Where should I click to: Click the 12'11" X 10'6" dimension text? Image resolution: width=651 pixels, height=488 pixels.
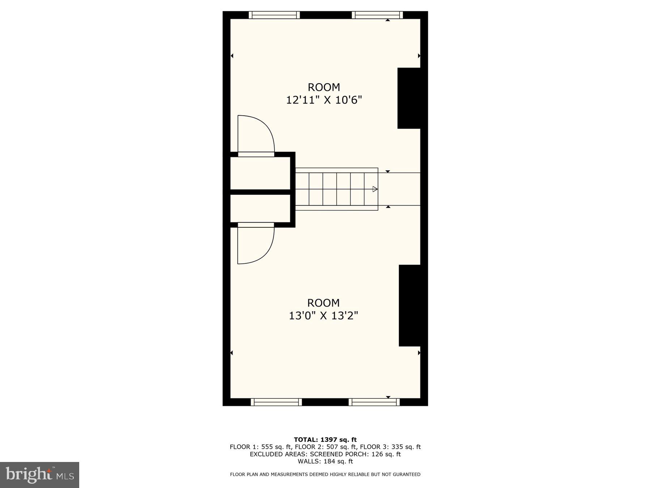pos(324,100)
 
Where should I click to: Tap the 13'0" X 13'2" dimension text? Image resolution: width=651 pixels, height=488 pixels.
pos(323,316)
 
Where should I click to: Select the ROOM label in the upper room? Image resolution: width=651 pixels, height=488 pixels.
pos(324,87)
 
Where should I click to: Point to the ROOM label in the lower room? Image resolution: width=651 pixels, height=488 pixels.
pos(323,303)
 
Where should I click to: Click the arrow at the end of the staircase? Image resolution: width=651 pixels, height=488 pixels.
pos(375,189)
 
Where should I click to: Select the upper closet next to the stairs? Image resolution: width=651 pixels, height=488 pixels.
pos(260,173)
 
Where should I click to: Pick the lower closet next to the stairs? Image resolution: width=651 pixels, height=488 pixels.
pos(260,208)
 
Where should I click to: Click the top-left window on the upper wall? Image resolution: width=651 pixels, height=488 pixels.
pos(275,15)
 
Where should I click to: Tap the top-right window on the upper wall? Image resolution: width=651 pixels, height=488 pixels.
pos(377,15)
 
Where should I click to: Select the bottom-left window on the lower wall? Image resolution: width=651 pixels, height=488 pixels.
pos(276,402)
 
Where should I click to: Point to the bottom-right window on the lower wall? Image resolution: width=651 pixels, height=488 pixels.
pos(374,402)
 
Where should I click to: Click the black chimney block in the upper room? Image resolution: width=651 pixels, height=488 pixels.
pos(409,98)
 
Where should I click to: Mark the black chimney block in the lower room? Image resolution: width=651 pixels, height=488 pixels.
pos(410,305)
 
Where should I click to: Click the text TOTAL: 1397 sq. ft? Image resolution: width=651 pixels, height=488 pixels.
pos(325,440)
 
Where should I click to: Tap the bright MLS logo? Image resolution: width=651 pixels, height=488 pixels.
pos(39,475)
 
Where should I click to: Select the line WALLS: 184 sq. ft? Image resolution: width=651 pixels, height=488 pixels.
pos(325,461)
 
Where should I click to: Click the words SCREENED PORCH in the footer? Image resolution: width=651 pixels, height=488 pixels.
pos(340,454)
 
